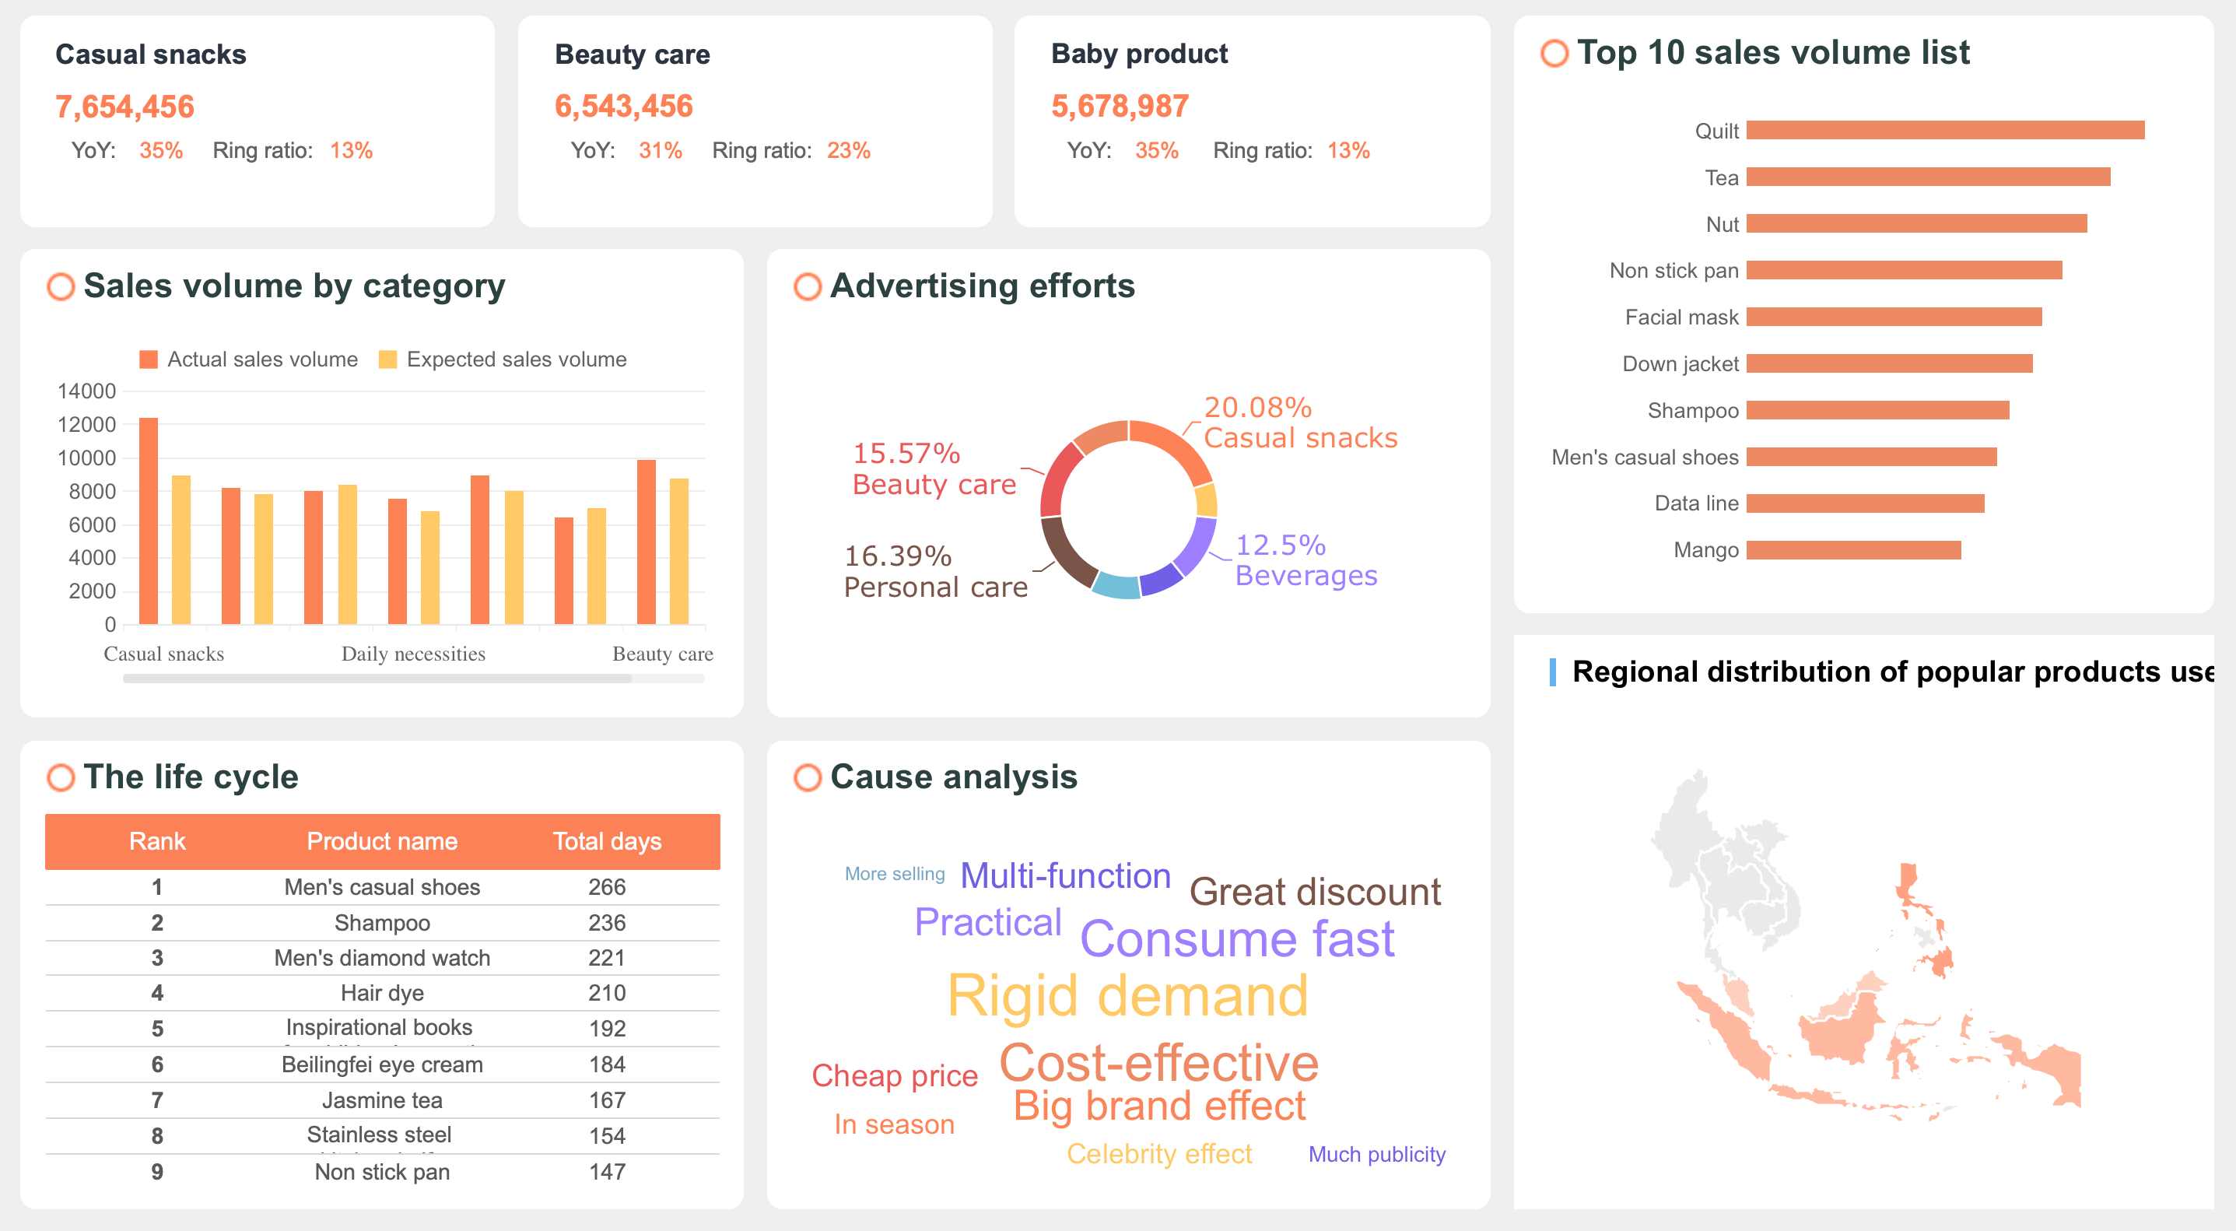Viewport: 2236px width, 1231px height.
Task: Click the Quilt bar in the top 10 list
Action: (1944, 130)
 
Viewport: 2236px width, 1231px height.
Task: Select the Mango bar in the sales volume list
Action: (1853, 550)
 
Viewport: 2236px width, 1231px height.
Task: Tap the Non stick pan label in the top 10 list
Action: (1673, 271)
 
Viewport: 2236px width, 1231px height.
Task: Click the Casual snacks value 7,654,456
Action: (124, 107)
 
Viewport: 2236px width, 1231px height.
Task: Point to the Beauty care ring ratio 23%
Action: (848, 151)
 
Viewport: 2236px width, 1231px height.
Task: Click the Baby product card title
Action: (1139, 54)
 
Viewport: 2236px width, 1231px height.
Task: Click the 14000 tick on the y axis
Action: (86, 391)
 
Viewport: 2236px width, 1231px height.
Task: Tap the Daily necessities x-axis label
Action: (413, 654)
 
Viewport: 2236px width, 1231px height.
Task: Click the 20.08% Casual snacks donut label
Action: (1299, 423)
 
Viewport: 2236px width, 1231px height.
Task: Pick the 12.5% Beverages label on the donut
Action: (1305, 560)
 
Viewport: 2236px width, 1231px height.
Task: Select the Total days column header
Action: (607, 841)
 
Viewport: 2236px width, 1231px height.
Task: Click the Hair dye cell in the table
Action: (382, 993)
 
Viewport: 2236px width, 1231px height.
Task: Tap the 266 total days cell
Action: (607, 887)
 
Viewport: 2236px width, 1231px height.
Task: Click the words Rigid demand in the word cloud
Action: (1127, 996)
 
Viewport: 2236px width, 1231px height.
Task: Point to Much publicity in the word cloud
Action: (1376, 1155)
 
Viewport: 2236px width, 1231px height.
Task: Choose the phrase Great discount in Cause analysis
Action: (1314, 893)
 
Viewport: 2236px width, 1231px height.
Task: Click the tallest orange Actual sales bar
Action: (149, 521)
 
